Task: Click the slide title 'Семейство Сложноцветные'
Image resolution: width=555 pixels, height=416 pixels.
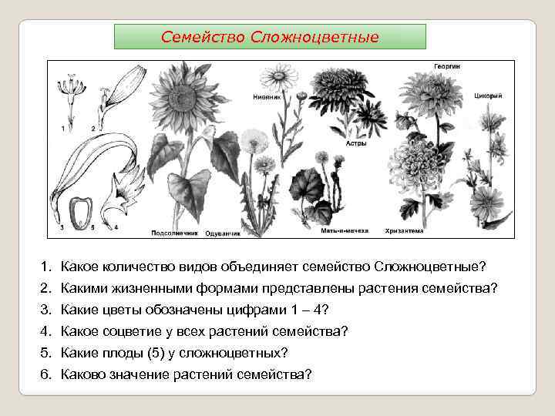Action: coord(270,36)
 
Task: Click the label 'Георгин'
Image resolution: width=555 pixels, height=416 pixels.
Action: coord(446,66)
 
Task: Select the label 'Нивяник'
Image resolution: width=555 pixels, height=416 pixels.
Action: coord(266,97)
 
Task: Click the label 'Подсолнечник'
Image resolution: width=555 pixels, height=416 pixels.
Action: coord(175,231)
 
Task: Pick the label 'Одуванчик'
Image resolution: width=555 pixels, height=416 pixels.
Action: coord(223,232)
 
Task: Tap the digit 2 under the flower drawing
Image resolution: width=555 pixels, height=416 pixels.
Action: coord(93,128)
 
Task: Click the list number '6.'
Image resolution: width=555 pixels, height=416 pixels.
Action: coord(45,374)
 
